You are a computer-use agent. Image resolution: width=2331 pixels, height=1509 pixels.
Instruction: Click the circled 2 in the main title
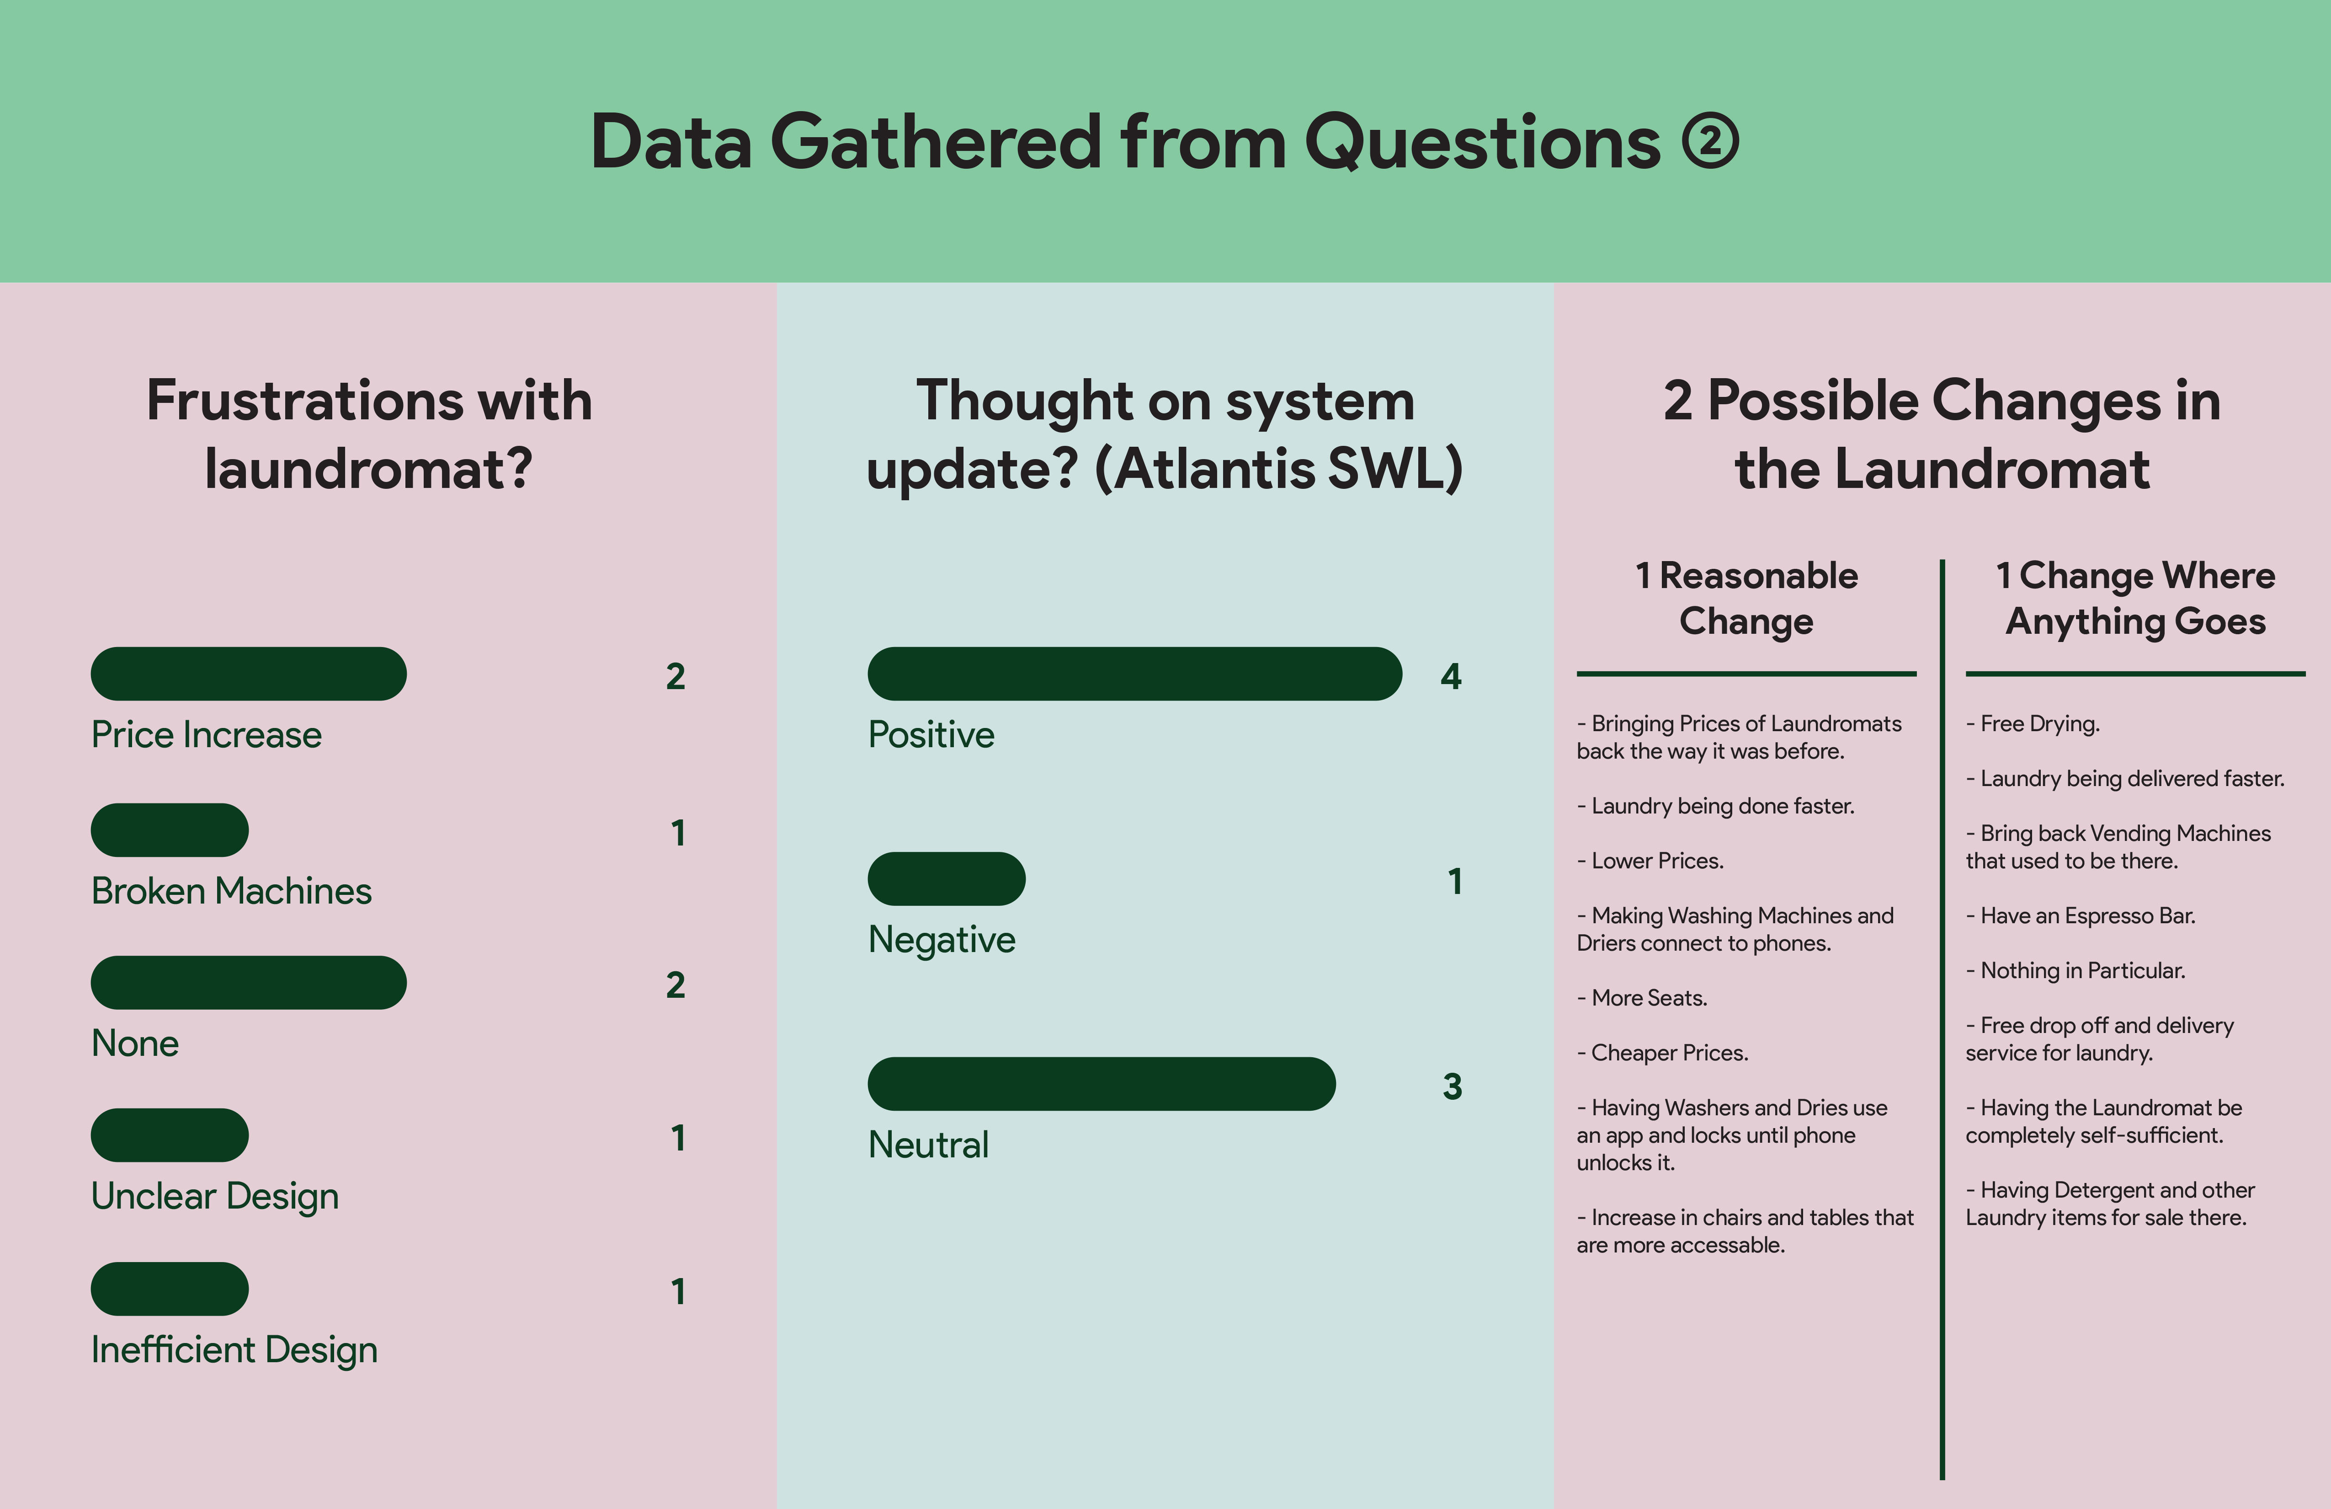pyautogui.click(x=1710, y=142)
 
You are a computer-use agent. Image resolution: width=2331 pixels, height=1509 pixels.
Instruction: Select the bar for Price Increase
pyautogui.click(x=249, y=674)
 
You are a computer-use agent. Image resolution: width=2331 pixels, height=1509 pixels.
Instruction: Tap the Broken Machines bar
pyautogui.click(x=170, y=830)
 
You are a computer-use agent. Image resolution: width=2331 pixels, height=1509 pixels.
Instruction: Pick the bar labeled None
pyautogui.click(x=249, y=983)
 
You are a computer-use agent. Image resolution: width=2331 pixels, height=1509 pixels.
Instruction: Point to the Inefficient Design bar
pyautogui.click(x=170, y=1289)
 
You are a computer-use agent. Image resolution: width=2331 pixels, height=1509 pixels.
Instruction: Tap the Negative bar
pyautogui.click(x=946, y=879)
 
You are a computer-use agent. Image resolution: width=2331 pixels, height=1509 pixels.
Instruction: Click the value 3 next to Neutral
pyautogui.click(x=1453, y=1086)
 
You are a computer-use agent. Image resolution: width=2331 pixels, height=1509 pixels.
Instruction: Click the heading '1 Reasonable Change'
pyautogui.click(x=1746, y=598)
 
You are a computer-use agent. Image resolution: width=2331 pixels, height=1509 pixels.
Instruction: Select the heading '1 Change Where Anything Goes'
pyautogui.click(x=2135, y=598)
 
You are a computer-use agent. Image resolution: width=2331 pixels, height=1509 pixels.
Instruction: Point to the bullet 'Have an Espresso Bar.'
pyautogui.click(x=2080, y=916)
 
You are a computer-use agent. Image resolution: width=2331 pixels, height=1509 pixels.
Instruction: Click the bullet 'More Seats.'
pyautogui.click(x=1641, y=999)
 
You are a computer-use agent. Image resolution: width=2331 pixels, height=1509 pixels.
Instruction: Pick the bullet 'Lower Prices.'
pyautogui.click(x=1650, y=862)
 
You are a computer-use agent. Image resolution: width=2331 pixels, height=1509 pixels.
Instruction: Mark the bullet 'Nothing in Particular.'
pyautogui.click(x=2076, y=971)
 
